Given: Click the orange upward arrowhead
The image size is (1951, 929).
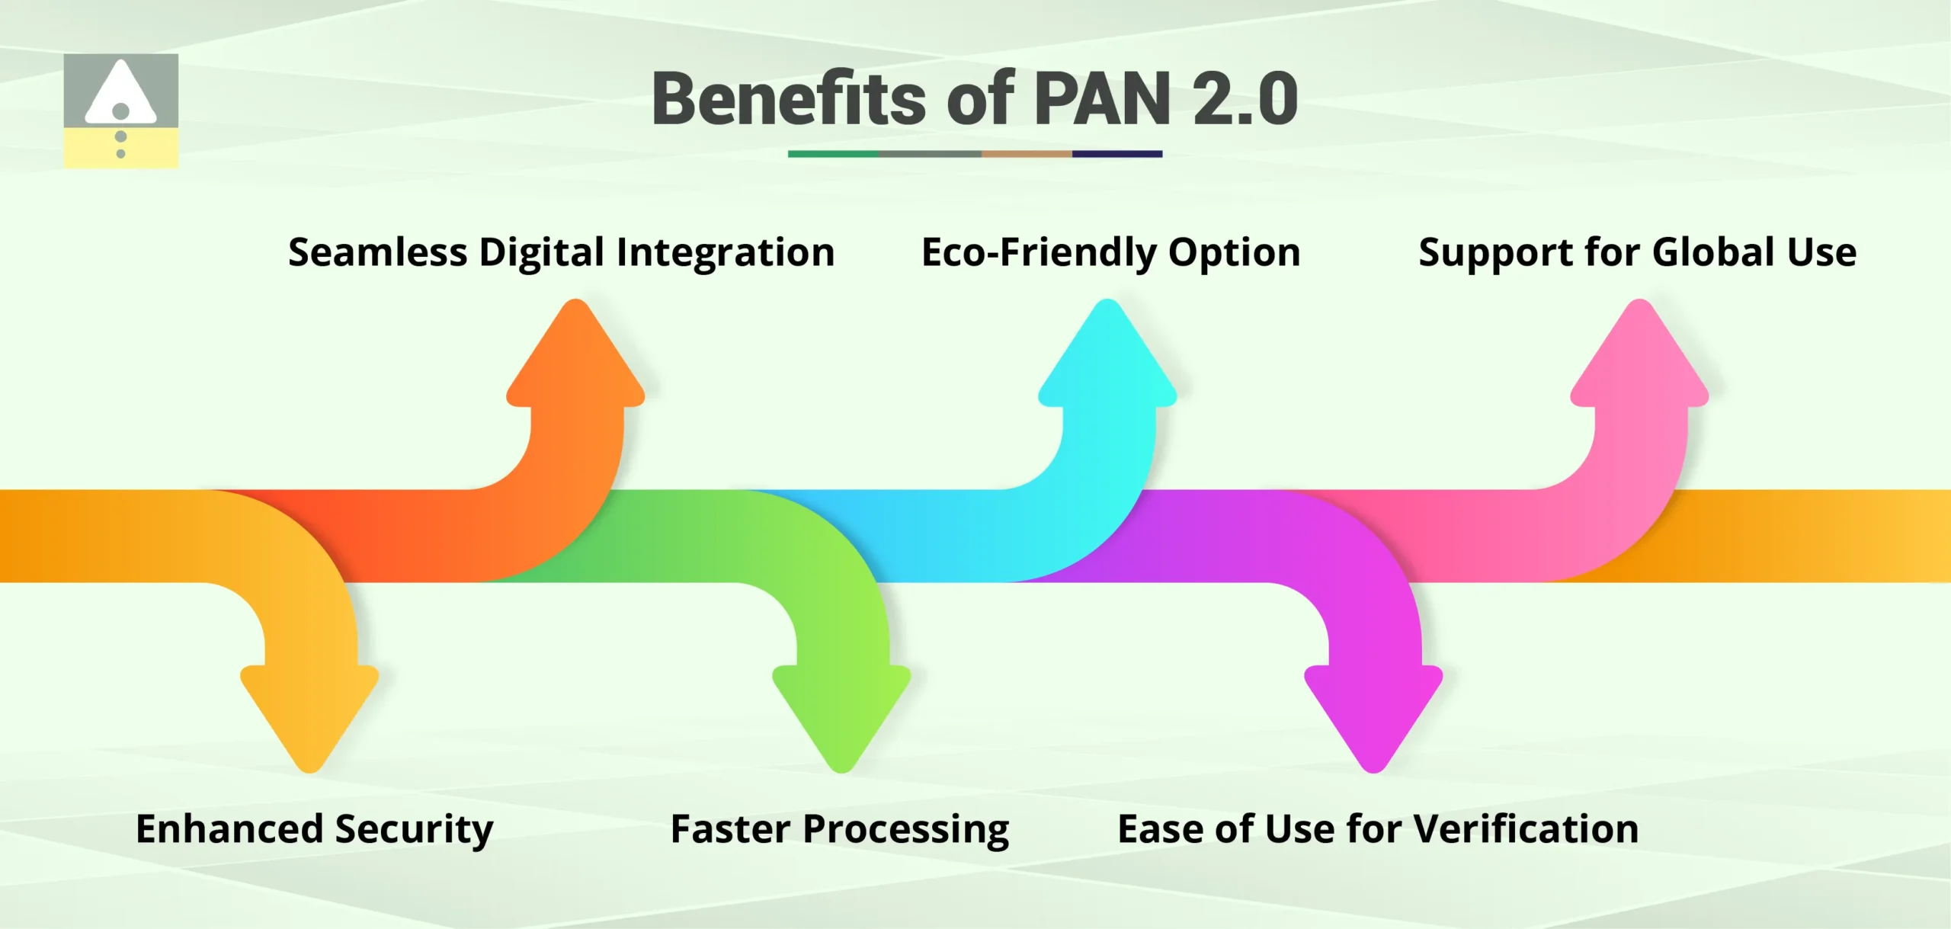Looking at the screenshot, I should [575, 358].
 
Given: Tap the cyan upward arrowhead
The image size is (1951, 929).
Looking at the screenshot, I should [1107, 358].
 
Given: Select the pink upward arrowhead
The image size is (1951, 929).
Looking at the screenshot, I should [1639, 358].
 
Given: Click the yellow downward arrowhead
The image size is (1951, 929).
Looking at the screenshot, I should [309, 713].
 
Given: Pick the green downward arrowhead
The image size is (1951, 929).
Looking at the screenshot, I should [841, 713].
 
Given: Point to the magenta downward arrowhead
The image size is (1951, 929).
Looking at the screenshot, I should [1373, 713].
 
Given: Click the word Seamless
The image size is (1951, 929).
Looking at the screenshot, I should [377, 252].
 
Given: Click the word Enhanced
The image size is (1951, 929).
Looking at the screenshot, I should [229, 829].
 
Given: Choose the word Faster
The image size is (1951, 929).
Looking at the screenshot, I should [731, 829].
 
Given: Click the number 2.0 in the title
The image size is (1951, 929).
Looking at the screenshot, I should [1245, 99].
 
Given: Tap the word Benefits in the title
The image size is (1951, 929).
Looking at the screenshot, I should [789, 99].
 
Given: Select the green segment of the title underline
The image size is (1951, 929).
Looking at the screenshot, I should [832, 154].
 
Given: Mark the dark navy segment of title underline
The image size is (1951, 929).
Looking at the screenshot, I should [1116, 154].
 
